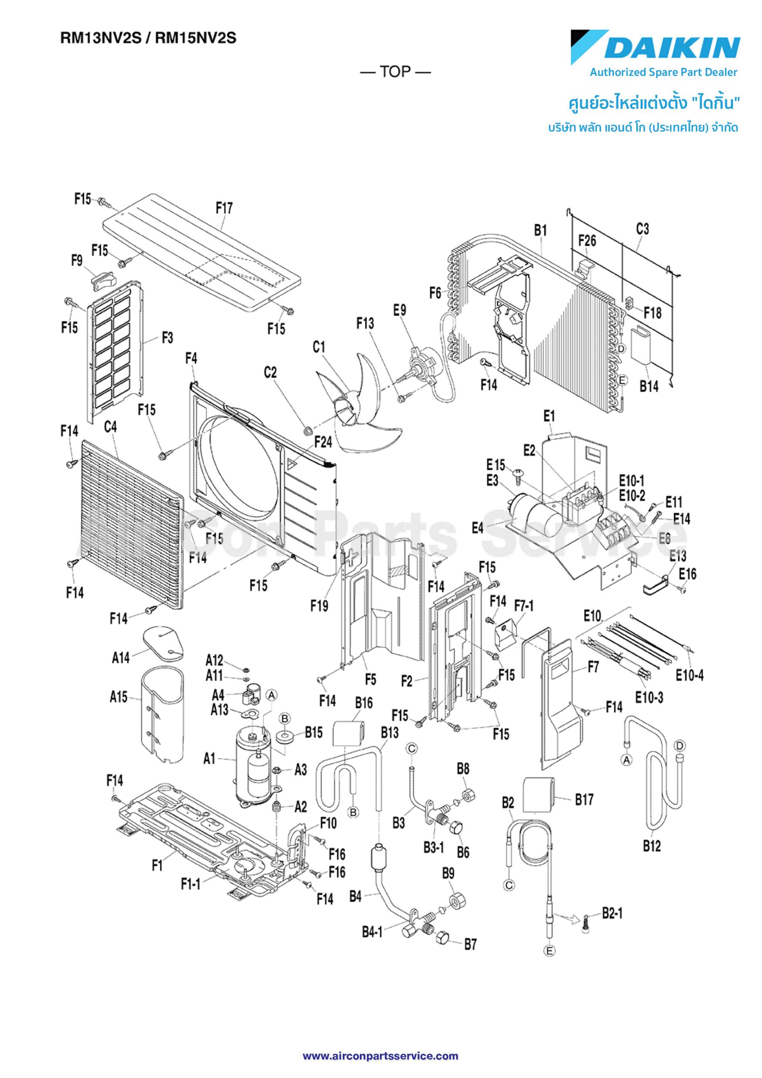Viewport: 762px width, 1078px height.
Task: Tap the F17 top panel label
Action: pyautogui.click(x=224, y=208)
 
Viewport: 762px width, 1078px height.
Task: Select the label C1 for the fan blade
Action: pyautogui.click(x=319, y=347)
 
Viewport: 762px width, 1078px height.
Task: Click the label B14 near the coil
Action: pyautogui.click(x=649, y=387)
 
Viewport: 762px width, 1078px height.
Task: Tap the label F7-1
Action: pyautogui.click(x=524, y=606)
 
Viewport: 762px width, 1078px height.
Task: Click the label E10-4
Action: pyautogui.click(x=689, y=675)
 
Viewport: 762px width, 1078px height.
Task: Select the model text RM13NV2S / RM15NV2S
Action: pyautogui.click(x=148, y=38)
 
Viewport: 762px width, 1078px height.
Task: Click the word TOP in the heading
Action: pyautogui.click(x=395, y=72)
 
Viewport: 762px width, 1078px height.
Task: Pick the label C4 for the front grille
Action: pyautogui.click(x=110, y=427)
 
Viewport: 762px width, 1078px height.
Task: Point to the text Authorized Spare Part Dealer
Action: pyautogui.click(x=663, y=72)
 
